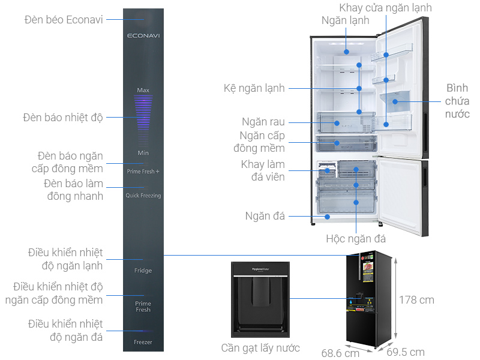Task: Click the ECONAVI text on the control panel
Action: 143,36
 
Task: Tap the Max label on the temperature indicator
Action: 143,90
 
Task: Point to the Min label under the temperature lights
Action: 143,153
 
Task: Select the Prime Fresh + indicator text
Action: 143,172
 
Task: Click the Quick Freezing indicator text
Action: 143,196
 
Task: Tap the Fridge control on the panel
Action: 143,271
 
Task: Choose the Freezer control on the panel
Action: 143,342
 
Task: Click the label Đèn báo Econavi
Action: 64,20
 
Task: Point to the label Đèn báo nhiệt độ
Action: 63,117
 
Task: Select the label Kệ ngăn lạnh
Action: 254,88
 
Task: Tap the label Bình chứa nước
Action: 457,101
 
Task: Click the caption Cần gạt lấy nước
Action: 260,348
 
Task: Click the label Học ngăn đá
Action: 356,239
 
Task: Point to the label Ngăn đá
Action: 265,216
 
